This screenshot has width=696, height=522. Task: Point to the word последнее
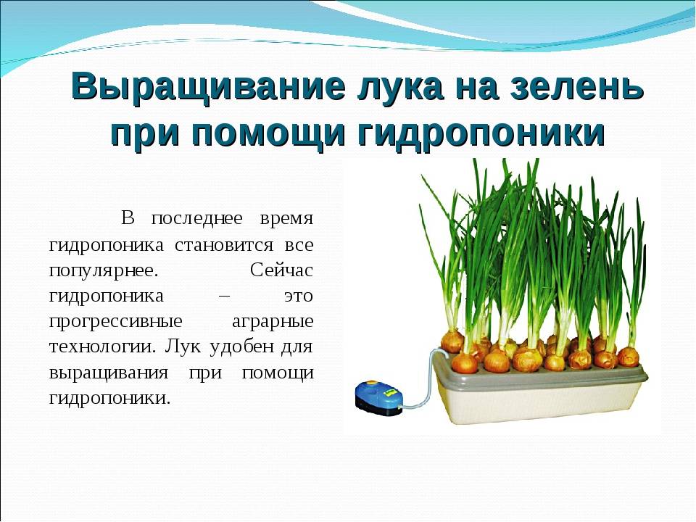coord(197,219)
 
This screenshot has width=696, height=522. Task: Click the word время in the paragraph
coord(287,219)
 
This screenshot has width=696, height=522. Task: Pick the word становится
coord(225,244)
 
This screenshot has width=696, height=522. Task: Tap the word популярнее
coord(104,271)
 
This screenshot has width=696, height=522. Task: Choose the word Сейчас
coord(282,270)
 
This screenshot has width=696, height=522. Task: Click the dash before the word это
coord(225,296)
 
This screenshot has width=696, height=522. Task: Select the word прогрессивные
coord(115,322)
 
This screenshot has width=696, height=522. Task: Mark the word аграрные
coord(273,322)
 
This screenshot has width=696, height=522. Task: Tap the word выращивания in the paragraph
coord(109,373)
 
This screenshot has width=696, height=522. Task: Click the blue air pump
coord(378,398)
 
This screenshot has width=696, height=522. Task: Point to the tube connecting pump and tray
coord(426,378)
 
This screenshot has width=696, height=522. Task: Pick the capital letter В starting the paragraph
coord(128,219)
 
